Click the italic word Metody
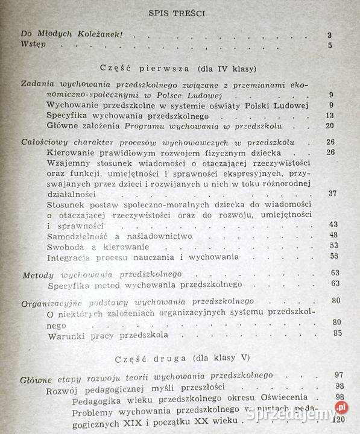38,274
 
